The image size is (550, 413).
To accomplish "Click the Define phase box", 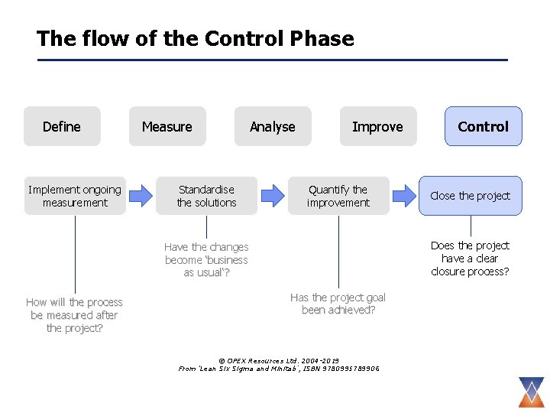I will coord(62,126).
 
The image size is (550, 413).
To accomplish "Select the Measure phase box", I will coord(167,126).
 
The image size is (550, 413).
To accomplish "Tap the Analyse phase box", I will coord(273,126).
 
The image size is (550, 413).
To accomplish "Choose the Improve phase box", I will coord(377,126).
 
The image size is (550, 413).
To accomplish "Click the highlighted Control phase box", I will coord(483,126).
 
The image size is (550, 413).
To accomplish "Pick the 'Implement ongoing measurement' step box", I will coord(75,196).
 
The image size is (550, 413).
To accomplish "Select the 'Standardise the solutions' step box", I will coord(206,196).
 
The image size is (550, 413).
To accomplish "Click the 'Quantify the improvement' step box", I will coord(338,196).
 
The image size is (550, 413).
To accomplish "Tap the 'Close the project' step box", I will coord(470,196).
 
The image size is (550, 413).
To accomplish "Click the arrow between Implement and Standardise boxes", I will coord(141,196).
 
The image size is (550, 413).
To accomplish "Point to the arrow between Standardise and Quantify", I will coord(272,196).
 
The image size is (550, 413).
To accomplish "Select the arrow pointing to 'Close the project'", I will coord(404,196).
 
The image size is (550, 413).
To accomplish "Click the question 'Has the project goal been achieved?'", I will coord(338,304).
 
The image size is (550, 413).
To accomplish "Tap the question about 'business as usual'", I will coord(206,260).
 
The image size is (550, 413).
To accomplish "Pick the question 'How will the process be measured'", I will coord(75,315).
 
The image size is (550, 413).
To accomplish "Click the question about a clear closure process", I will coord(470,259).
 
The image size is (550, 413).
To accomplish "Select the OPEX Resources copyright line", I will coord(278,360).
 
